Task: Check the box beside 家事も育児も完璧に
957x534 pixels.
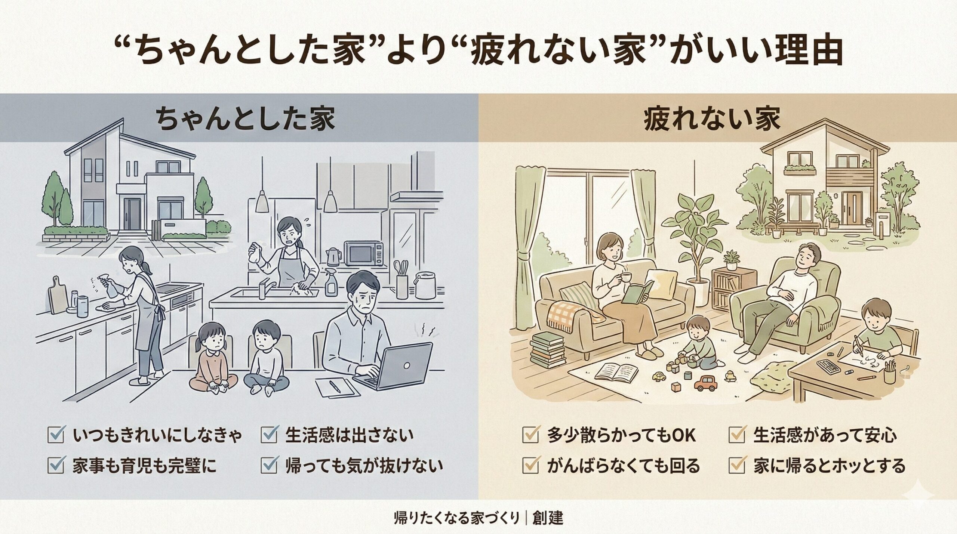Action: pos(56,466)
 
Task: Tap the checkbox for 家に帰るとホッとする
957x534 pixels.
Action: pos(737,466)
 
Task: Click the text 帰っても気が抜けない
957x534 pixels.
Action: pos(364,466)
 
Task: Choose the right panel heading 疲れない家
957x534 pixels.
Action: pos(712,119)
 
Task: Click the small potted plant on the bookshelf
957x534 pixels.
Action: pos(731,259)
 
